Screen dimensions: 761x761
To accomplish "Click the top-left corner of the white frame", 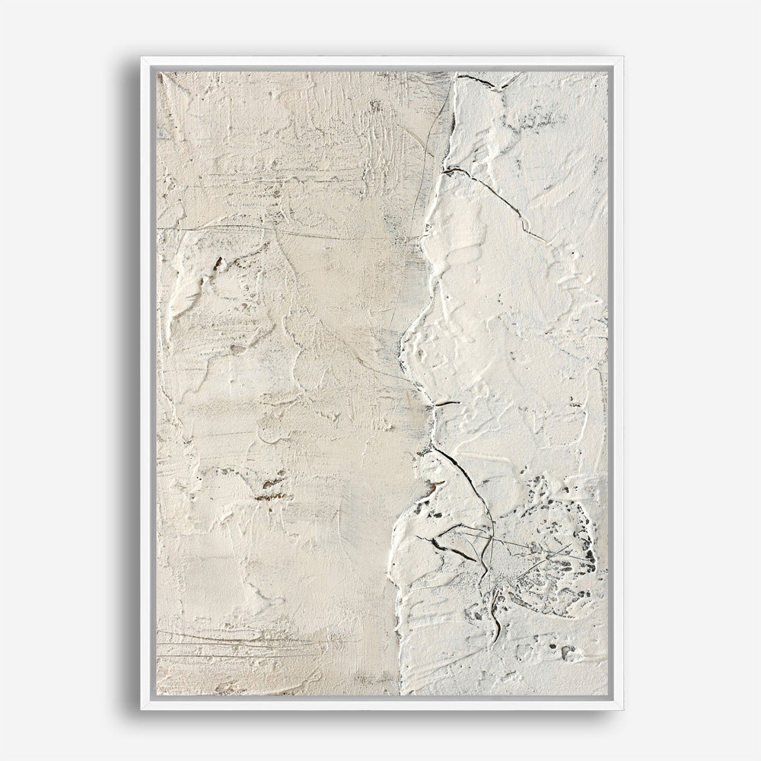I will (142, 58).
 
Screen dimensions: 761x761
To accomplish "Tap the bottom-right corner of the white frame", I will (622, 708).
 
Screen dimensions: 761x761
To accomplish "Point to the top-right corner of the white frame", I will (622, 58).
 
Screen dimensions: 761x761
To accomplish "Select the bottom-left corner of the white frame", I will (142, 708).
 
